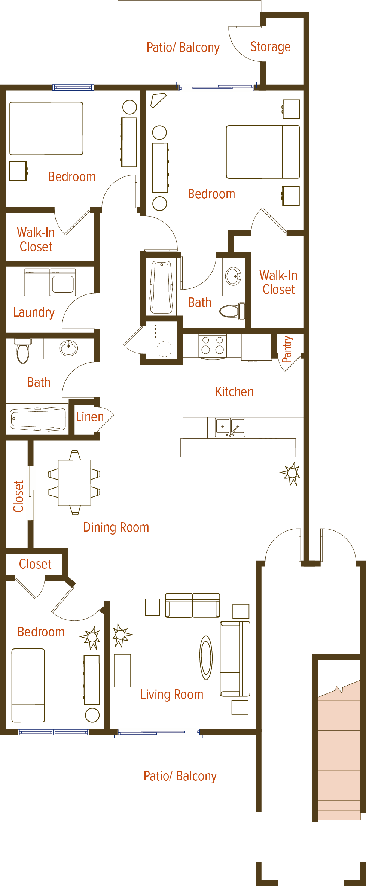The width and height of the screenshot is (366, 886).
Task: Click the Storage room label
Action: pos(270,47)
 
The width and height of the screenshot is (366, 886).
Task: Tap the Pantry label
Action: pos(287,349)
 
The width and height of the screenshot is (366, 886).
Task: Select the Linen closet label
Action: pos(90,417)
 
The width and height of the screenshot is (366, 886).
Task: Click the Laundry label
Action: pos(34,312)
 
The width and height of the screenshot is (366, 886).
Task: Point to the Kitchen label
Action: pos(234,391)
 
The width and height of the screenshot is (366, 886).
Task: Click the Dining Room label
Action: pos(116,527)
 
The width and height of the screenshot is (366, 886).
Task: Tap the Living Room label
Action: pos(172,694)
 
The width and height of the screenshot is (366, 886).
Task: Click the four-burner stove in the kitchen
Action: pos(213,345)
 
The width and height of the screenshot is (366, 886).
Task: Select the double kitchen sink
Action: pos(230,427)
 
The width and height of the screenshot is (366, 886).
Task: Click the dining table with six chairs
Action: pos(74,483)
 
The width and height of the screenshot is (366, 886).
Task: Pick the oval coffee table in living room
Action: pos(206,657)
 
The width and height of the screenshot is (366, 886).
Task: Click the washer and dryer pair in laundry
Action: pos(50,282)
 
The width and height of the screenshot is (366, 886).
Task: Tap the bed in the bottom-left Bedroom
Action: pos(28,685)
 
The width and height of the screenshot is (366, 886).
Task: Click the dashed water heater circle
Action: pos(164,349)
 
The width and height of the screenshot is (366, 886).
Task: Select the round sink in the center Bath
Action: pos(234,276)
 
